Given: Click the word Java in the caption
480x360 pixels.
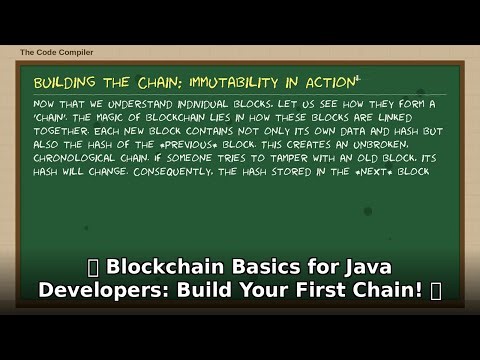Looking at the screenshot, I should click(362, 267).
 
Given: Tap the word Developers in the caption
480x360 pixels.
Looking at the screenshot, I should click(95, 290).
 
